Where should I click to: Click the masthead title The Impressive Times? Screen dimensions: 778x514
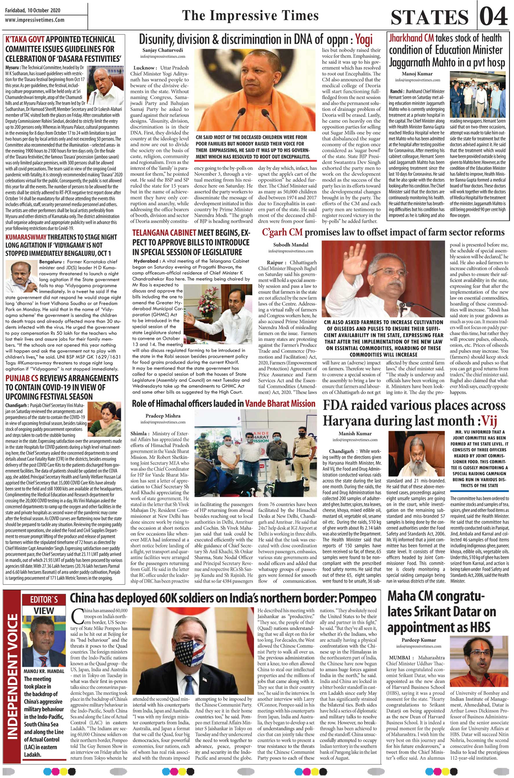coord(250,15)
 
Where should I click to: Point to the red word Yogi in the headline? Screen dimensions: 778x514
coord(364,40)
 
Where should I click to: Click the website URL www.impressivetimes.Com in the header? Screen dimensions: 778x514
coord(35,20)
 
